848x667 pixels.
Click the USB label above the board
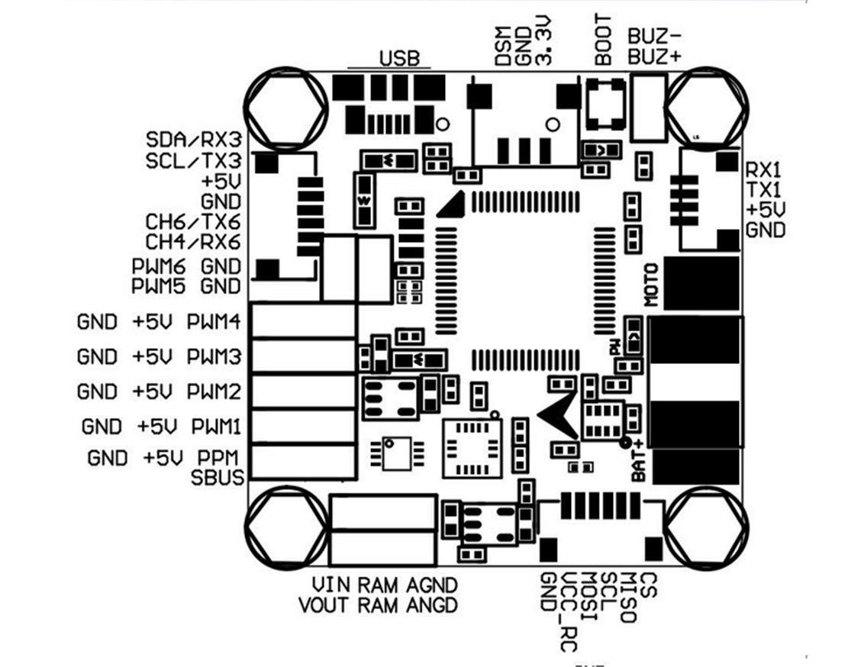click(399, 59)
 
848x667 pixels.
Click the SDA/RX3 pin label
click(193, 140)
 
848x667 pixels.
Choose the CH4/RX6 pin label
click(193, 242)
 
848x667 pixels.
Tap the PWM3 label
click(214, 356)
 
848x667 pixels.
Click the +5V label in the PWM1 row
click(160, 425)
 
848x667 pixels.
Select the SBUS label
click(218, 478)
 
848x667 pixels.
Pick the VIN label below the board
click(332, 585)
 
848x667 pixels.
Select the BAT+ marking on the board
click(639, 459)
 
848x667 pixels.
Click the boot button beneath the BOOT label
click(605, 105)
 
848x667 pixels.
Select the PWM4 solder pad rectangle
click(304, 321)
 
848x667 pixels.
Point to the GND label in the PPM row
click(108, 458)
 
